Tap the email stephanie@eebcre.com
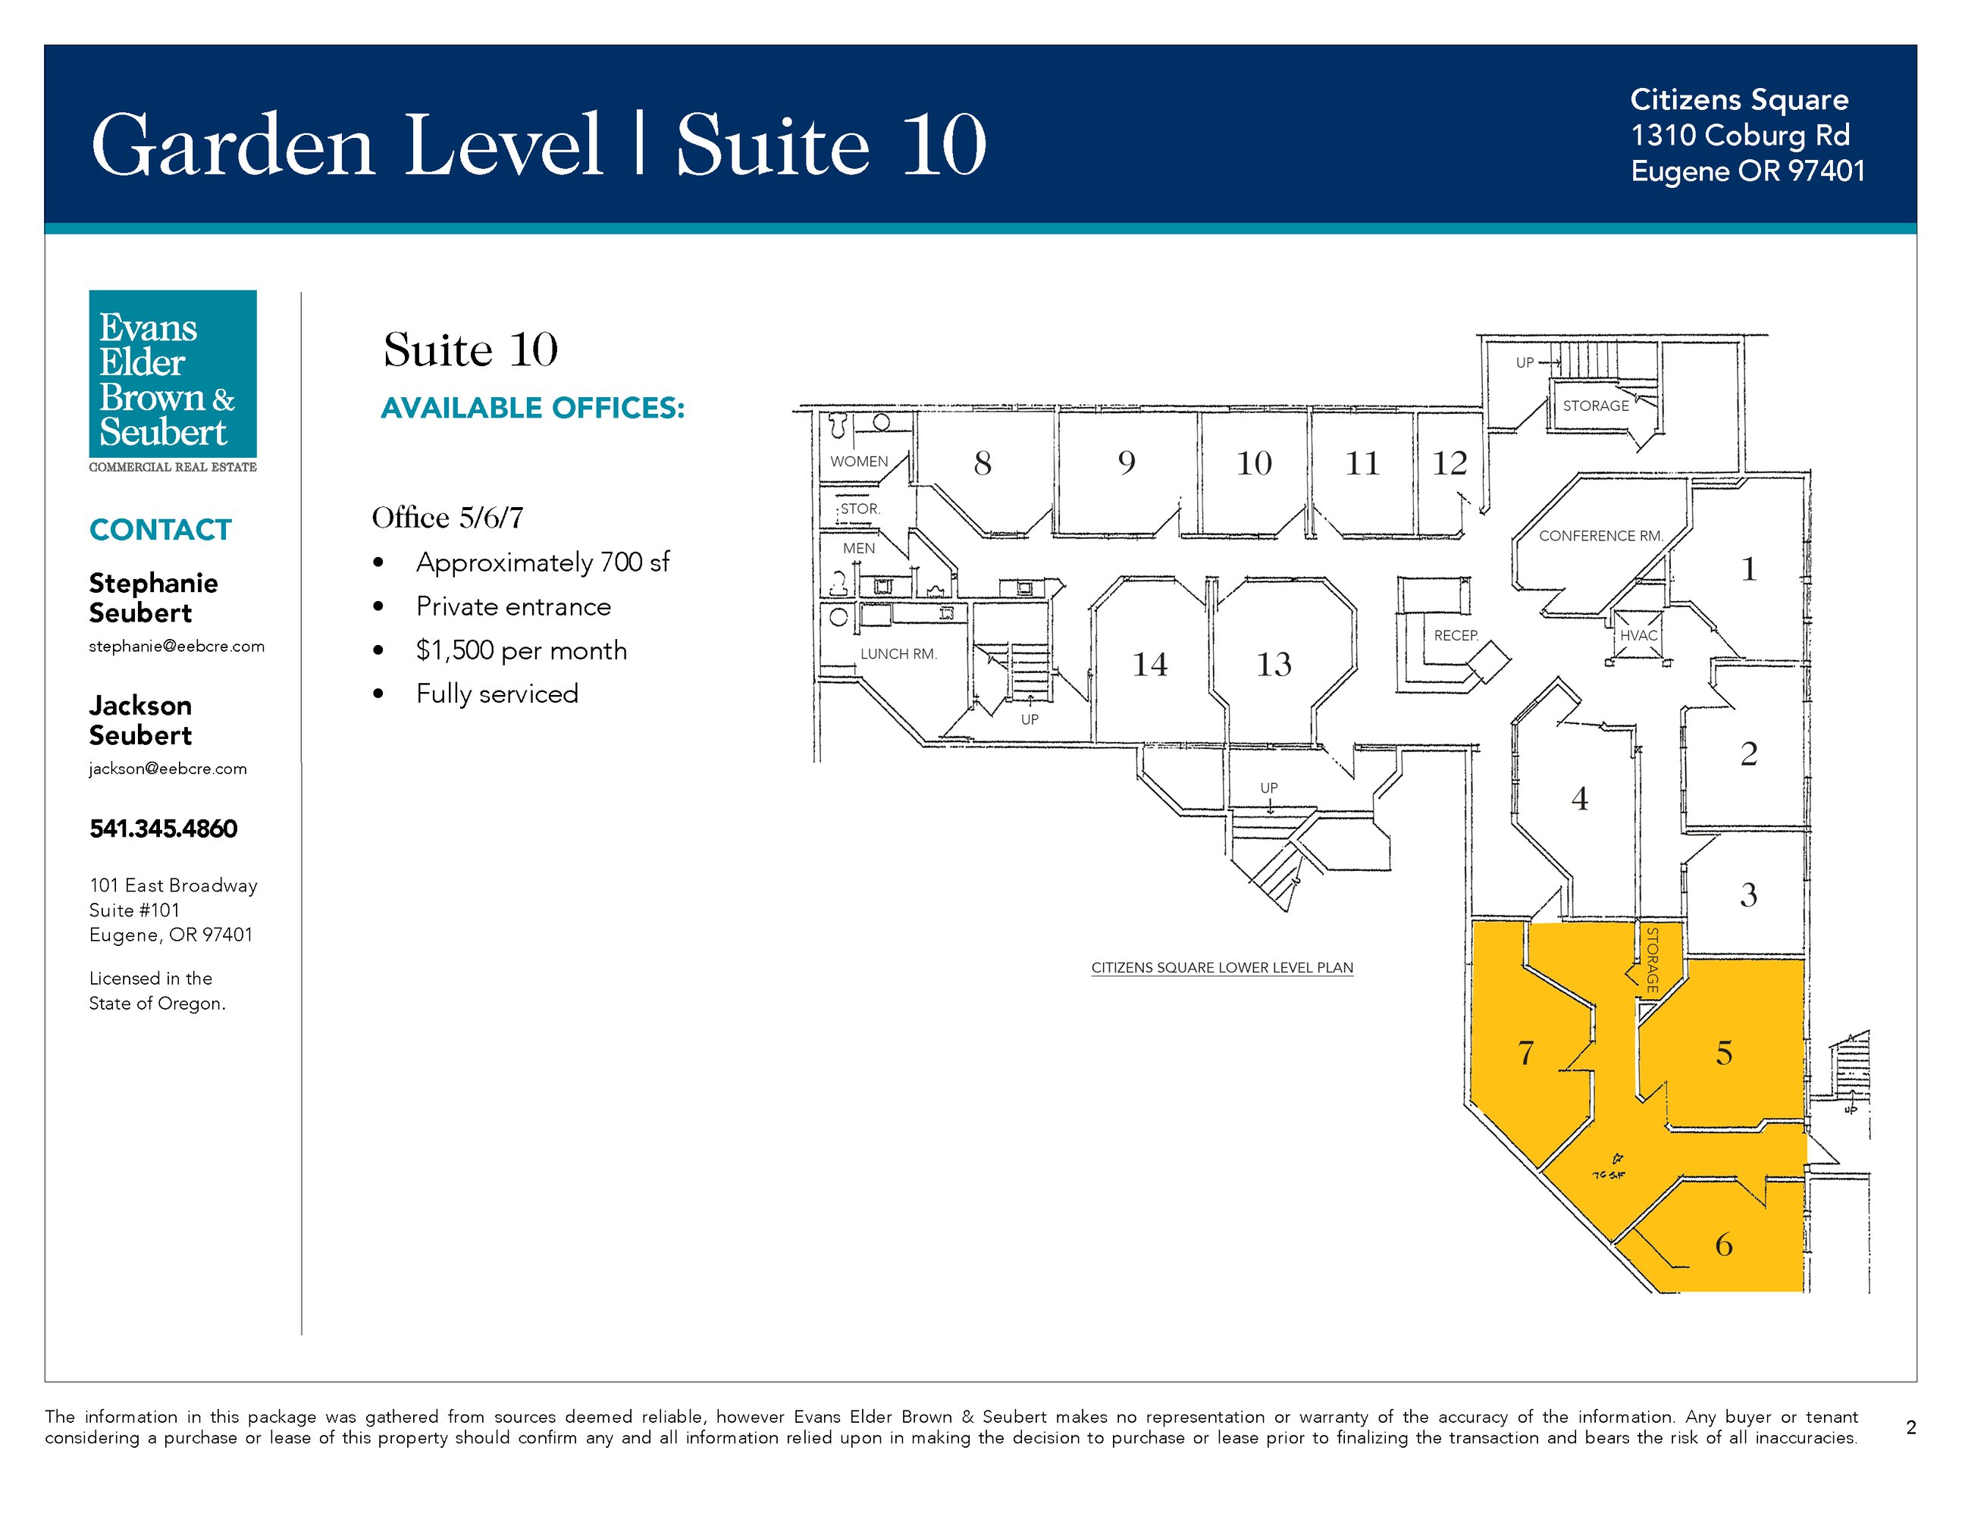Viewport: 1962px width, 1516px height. (177, 646)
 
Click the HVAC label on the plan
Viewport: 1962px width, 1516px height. (1638, 635)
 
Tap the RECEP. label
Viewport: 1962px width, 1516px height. (1456, 635)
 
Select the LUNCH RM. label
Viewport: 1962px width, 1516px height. (898, 654)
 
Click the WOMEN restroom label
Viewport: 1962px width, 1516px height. (859, 462)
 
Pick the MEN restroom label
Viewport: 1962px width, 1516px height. (859, 548)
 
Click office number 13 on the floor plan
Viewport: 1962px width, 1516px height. (1274, 665)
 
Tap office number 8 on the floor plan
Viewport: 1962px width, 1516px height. (983, 463)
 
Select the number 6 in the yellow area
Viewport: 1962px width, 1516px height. (1723, 1245)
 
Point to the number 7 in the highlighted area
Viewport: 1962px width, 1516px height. (1525, 1053)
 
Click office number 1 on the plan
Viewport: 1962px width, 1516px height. (1748, 569)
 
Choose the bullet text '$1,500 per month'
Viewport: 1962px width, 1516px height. (521, 650)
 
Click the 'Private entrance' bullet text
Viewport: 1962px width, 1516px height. (513, 606)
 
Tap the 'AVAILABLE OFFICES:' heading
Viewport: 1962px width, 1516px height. (533, 408)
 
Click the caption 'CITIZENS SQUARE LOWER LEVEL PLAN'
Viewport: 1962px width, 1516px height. (1222, 967)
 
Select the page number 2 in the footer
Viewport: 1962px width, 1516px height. (1910, 1427)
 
